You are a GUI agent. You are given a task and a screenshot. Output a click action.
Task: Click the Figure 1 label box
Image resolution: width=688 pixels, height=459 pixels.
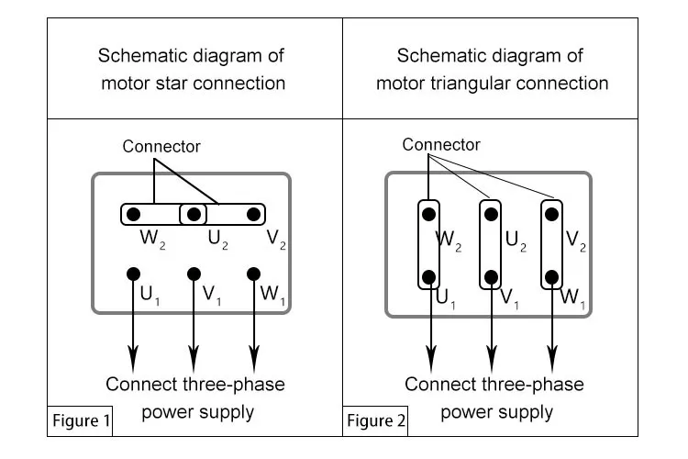(x=80, y=420)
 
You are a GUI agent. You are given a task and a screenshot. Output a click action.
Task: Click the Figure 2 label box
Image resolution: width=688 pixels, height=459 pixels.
(x=375, y=420)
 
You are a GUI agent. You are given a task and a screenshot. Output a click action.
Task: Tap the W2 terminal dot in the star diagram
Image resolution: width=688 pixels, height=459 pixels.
(x=133, y=214)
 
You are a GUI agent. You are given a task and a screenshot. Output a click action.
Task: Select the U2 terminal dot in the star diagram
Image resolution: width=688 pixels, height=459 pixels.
(x=194, y=214)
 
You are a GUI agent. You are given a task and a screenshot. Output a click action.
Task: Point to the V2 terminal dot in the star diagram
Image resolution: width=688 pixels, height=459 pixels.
(x=253, y=214)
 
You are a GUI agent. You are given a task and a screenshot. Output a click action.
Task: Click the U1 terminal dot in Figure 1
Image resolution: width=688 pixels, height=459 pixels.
(x=133, y=274)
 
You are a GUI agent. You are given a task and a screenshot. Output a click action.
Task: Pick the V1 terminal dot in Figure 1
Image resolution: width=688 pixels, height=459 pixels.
(x=194, y=274)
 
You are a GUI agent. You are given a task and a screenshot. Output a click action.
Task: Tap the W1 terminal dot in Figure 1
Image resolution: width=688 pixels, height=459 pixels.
(x=253, y=274)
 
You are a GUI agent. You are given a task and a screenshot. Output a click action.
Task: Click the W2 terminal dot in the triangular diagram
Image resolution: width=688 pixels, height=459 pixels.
(x=428, y=214)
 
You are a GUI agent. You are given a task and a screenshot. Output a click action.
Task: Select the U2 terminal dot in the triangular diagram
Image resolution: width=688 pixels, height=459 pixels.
(x=491, y=214)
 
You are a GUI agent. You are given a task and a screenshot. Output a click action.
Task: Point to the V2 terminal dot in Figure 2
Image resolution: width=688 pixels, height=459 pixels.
(x=551, y=214)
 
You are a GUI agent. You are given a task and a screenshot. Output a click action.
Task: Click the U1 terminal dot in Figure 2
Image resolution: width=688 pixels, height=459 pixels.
(x=428, y=277)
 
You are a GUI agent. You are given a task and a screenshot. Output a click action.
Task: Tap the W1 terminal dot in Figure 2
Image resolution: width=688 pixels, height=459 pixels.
(x=551, y=277)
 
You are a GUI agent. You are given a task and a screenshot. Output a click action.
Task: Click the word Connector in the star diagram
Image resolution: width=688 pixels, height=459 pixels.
(x=161, y=146)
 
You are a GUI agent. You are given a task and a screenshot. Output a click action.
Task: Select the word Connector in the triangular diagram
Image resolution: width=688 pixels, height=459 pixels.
(x=441, y=144)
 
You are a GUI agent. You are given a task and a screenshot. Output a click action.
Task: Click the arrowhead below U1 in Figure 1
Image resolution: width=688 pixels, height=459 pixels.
(x=133, y=358)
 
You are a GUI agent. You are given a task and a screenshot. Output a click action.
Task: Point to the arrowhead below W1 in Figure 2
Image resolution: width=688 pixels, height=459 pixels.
(x=552, y=358)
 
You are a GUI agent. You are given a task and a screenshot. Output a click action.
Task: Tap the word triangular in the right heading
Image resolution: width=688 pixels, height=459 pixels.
(x=470, y=84)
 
